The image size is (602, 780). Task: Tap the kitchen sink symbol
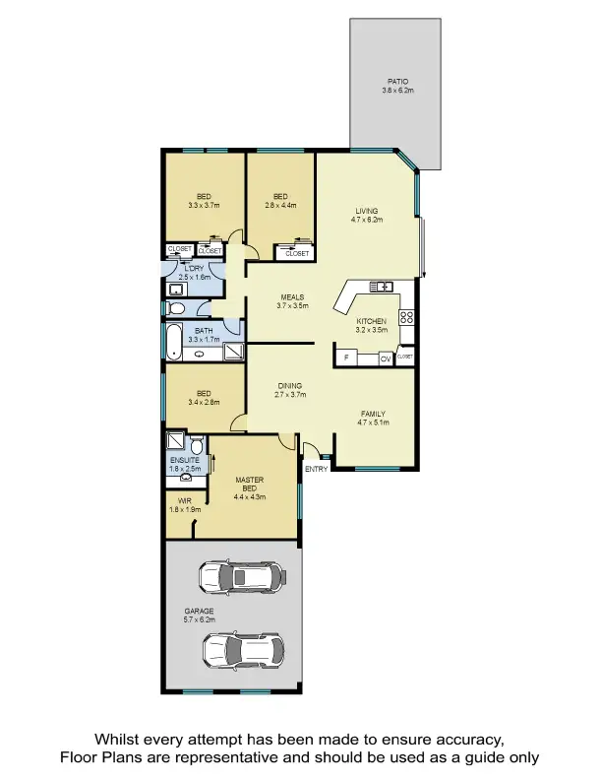tap(381, 287)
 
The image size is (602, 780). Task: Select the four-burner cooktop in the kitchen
tap(407, 318)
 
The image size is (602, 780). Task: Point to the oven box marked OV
tap(386, 358)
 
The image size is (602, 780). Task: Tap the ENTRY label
tap(316, 469)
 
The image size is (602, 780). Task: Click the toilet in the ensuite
tap(196, 441)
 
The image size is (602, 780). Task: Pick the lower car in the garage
tap(243, 650)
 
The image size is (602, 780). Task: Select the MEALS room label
tap(291, 296)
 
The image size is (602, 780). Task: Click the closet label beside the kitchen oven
tap(405, 356)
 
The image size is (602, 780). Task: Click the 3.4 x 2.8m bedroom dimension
tap(204, 402)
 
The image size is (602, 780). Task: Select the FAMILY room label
tap(373, 414)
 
